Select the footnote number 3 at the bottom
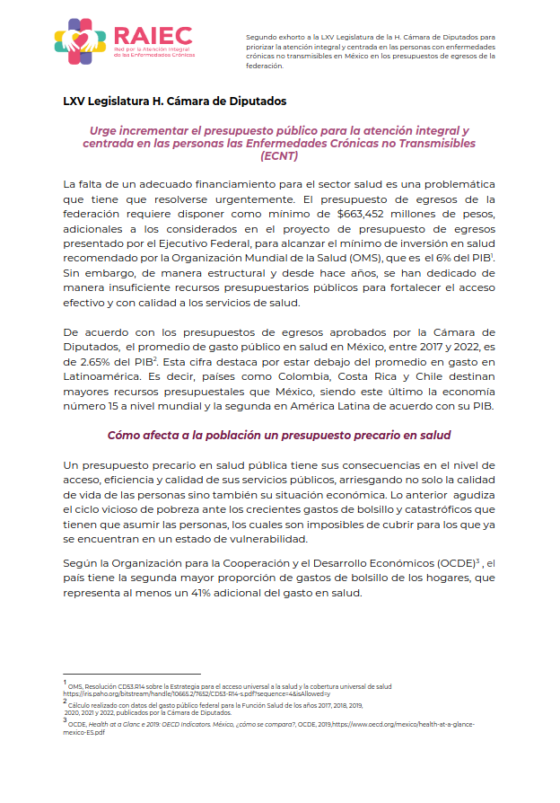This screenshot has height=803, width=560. point(65,719)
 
